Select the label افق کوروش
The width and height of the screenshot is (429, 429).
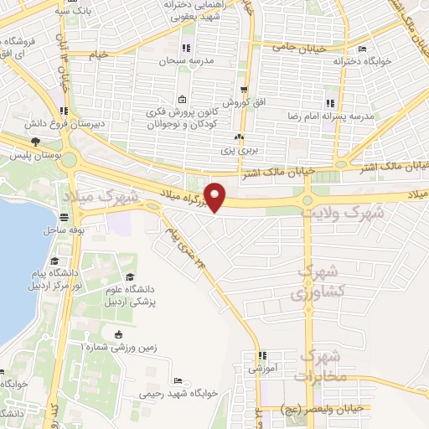point(247,101)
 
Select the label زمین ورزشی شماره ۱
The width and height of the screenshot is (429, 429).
point(118,347)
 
